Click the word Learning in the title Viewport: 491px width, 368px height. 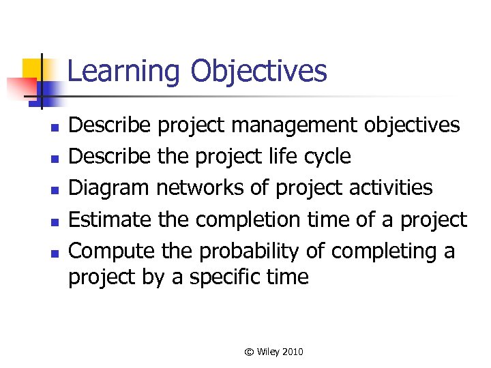125,72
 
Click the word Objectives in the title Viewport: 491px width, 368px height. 258,72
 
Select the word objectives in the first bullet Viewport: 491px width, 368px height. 412,125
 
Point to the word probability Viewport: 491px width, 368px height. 249,251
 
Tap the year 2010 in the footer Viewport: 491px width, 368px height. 291,352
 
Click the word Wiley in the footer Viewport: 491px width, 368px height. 266,352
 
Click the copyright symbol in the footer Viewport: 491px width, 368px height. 249,352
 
